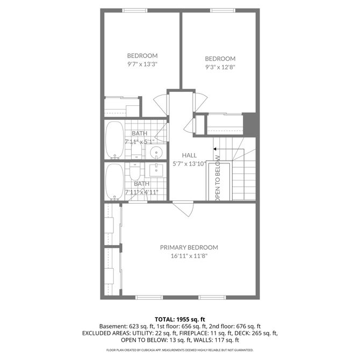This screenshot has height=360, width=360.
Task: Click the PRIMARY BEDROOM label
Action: tap(189, 248)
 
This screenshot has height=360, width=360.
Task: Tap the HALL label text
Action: tap(189, 155)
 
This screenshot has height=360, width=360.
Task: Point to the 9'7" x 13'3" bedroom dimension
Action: tap(142, 64)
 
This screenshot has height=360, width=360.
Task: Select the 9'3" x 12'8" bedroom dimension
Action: tap(220, 67)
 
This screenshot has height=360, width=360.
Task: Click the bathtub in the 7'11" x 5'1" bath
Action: tap(114, 140)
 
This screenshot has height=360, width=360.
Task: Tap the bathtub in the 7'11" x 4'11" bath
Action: tap(114, 182)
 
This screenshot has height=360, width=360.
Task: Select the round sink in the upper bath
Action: tap(156, 152)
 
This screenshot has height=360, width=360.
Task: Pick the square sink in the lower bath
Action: tap(156, 170)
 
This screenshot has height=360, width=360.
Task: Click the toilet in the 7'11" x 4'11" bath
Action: tap(134, 172)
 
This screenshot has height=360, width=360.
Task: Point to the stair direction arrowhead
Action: tap(215, 149)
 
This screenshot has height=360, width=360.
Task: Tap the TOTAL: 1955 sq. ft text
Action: tap(180, 319)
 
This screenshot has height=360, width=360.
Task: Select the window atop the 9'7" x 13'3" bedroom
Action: tap(134, 10)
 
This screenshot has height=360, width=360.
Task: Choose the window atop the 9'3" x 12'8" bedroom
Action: tap(222, 10)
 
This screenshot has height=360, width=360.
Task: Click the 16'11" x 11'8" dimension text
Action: tap(189, 256)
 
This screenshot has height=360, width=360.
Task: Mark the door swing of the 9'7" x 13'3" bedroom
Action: tap(161, 105)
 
